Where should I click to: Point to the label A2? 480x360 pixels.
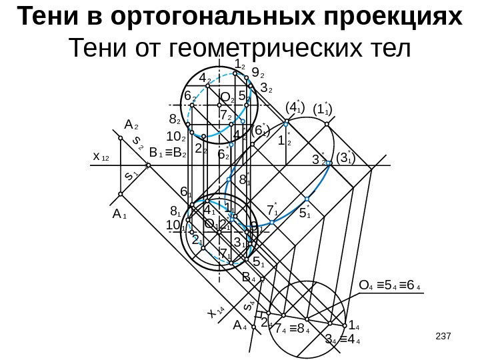[131, 125]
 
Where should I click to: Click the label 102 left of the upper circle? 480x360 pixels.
[177, 137]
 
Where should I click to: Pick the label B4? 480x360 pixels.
[249, 277]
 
